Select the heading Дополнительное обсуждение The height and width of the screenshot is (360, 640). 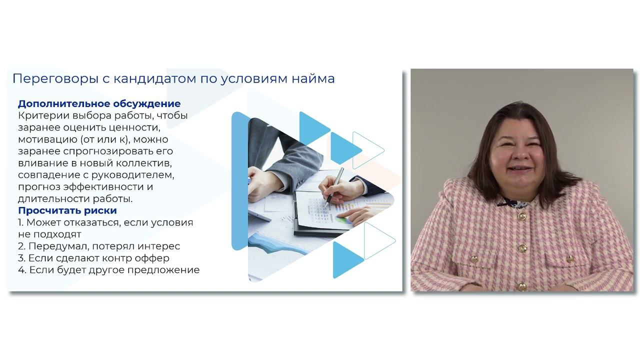click(99, 104)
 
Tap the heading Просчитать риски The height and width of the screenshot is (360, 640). click(67, 210)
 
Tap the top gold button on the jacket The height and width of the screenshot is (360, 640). click(522, 216)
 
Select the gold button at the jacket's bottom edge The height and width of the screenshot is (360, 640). click(521, 286)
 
